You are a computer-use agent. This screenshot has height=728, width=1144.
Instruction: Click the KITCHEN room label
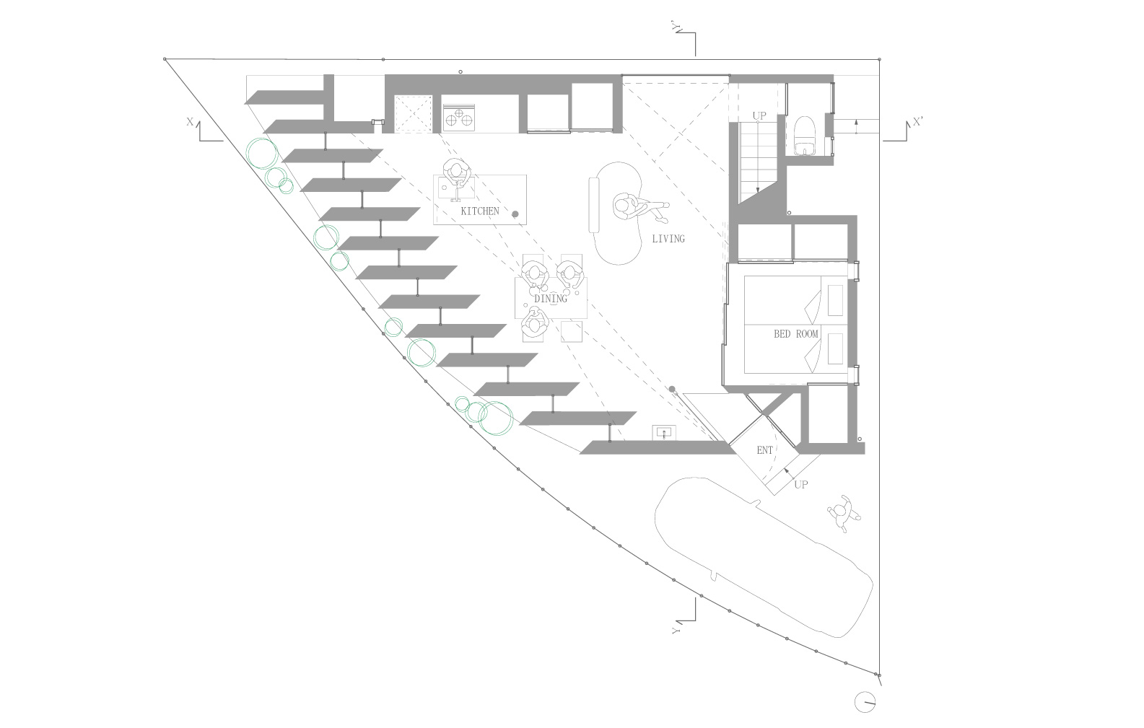[x=479, y=211]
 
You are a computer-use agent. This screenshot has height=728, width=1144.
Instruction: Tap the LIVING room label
[x=668, y=238]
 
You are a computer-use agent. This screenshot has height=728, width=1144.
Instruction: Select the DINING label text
[x=551, y=299]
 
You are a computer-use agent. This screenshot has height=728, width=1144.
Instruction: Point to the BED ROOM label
[x=795, y=334]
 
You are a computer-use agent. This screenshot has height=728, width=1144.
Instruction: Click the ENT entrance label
[x=764, y=450]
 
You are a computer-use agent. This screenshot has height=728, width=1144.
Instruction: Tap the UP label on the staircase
[x=759, y=116]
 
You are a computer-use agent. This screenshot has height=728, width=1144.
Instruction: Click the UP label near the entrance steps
[x=801, y=484]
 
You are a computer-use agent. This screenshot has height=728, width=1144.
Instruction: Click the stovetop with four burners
[x=458, y=115]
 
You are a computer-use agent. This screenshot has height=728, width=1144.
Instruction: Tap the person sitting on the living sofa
[x=638, y=208]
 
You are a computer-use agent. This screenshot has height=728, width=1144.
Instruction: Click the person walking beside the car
[x=844, y=514]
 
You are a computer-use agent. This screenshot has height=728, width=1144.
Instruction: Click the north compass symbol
[x=865, y=701]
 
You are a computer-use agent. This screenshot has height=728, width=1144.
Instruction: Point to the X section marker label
[x=190, y=122]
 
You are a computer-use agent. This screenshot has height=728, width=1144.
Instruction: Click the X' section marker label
[x=918, y=122]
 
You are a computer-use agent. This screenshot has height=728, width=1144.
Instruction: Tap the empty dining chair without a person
[x=572, y=331]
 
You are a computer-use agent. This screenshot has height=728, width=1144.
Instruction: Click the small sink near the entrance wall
[x=664, y=432]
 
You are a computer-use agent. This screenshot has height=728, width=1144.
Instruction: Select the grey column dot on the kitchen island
[x=515, y=214]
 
